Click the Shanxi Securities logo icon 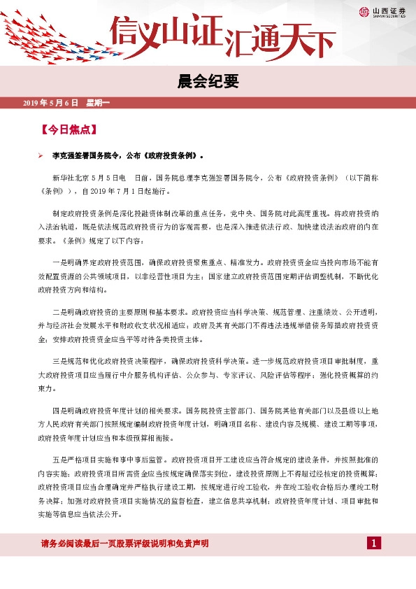[364, 11]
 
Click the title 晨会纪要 [208, 82]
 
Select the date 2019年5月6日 [50, 104]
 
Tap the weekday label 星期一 [98, 104]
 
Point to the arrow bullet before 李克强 [41, 156]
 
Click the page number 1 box [374, 544]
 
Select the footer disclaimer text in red [125, 544]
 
